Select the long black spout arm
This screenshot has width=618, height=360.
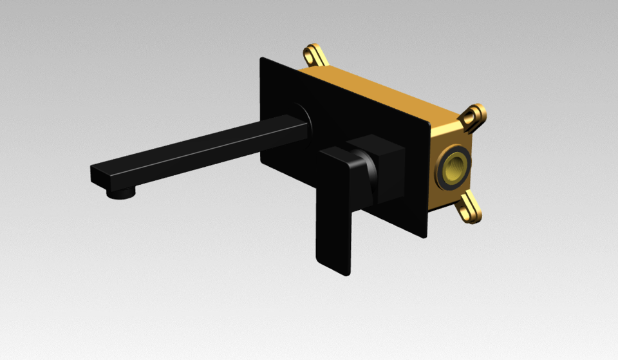(193, 148)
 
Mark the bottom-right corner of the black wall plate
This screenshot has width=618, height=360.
(426, 237)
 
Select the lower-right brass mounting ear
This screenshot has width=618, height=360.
(470, 207)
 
